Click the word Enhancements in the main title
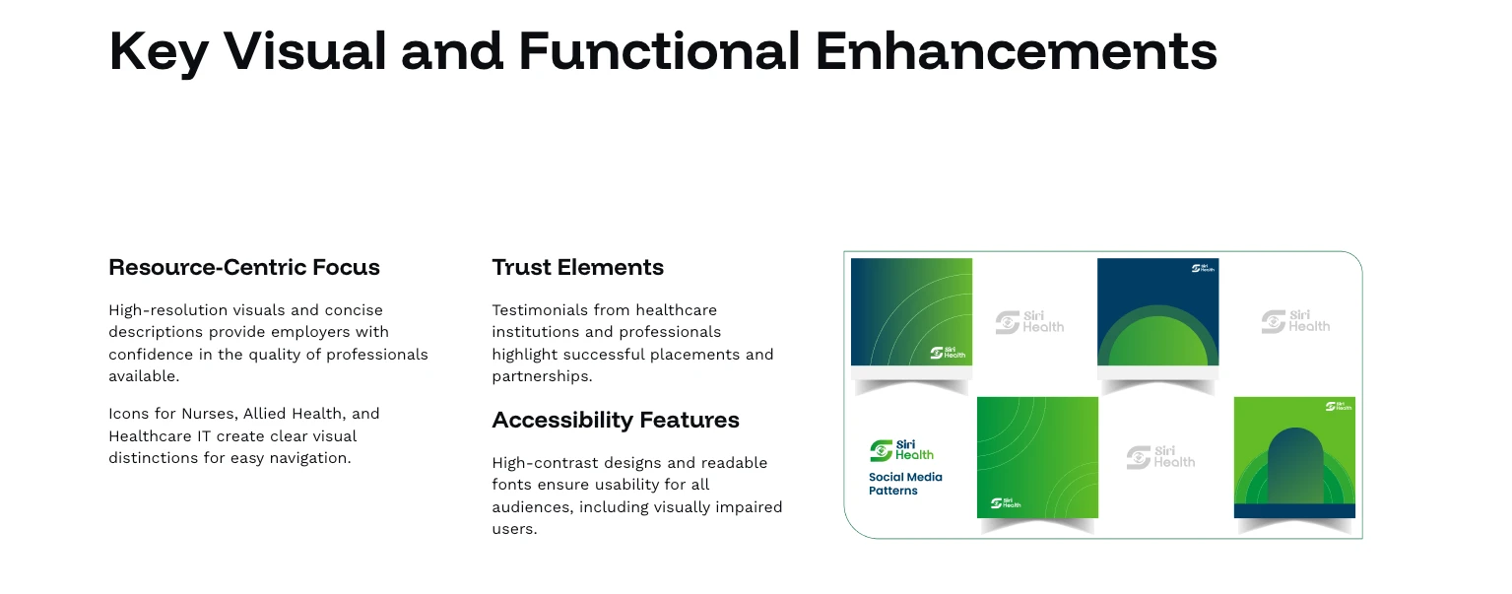pos(1016,51)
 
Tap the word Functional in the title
pos(660,51)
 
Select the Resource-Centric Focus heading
pos(244,267)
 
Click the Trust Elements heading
pos(578,267)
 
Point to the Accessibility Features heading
pos(616,420)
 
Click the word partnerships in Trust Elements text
pos(542,376)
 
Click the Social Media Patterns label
pos(905,484)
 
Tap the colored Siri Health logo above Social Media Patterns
pos(901,450)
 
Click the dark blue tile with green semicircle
pos(1157,312)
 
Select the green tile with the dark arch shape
pos(1294,458)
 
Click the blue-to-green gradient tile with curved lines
pos(911,312)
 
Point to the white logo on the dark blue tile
pos(1203,268)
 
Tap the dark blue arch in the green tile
pos(1295,466)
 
